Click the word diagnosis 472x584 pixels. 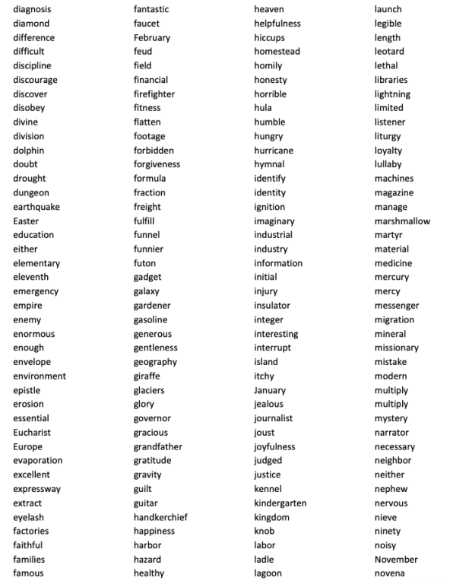point(32,9)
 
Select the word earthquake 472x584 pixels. point(36,207)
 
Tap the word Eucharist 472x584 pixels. point(32,432)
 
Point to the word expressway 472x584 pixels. point(36,489)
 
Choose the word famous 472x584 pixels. point(28,573)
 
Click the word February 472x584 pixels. point(152,37)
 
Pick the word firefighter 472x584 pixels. point(154,94)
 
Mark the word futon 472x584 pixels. point(144,263)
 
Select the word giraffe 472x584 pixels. point(147,376)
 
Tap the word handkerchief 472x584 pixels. point(160,517)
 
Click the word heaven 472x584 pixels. point(269,9)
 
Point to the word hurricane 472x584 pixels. point(274,151)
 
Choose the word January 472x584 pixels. point(270,390)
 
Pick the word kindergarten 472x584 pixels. point(280,503)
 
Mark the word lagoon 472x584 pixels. point(268,573)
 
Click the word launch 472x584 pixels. point(388,9)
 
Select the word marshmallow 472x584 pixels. point(402,221)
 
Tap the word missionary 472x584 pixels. point(396,348)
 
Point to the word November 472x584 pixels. point(396,559)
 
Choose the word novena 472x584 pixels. point(390,573)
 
